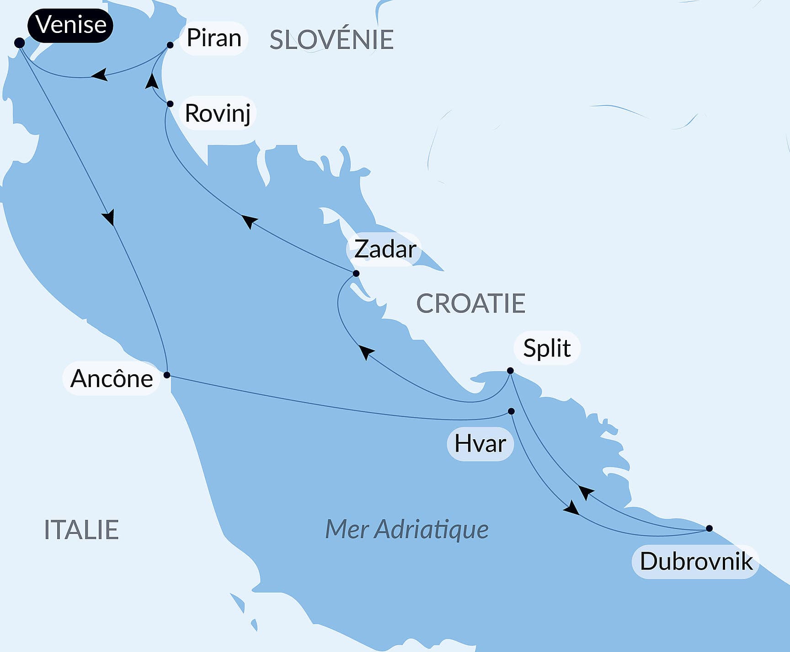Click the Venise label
[70, 25]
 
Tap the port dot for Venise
[19, 43]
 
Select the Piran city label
[214, 38]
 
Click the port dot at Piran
[170, 45]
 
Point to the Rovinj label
[218, 113]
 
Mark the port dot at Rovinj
[170, 104]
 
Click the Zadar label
[385, 249]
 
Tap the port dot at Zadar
[356, 274]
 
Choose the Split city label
[547, 348]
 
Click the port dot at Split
[510, 371]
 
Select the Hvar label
[480, 443]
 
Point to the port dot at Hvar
[511, 411]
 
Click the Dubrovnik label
[696, 561]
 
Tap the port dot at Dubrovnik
[709, 528]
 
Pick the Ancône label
[112, 379]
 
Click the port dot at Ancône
[167, 375]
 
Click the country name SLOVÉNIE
[331, 40]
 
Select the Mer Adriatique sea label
[406, 529]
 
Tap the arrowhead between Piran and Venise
[100, 75]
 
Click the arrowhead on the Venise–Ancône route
[109, 217]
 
